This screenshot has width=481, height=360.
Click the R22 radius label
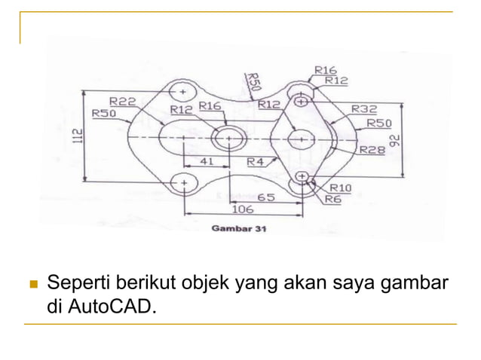point(122,101)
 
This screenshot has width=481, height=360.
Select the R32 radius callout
point(364,108)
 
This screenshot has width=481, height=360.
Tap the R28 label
point(372,150)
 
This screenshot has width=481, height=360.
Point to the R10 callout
point(341,187)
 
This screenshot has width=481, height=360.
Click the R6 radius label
point(332,199)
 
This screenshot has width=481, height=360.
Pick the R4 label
point(256,161)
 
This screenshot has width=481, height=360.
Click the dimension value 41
point(205,161)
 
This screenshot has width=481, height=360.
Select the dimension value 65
point(265,197)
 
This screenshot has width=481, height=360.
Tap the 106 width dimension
point(242,209)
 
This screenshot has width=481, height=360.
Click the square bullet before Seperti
point(32,285)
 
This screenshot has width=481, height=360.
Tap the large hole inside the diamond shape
point(302,139)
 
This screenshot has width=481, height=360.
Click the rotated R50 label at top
point(254,81)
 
